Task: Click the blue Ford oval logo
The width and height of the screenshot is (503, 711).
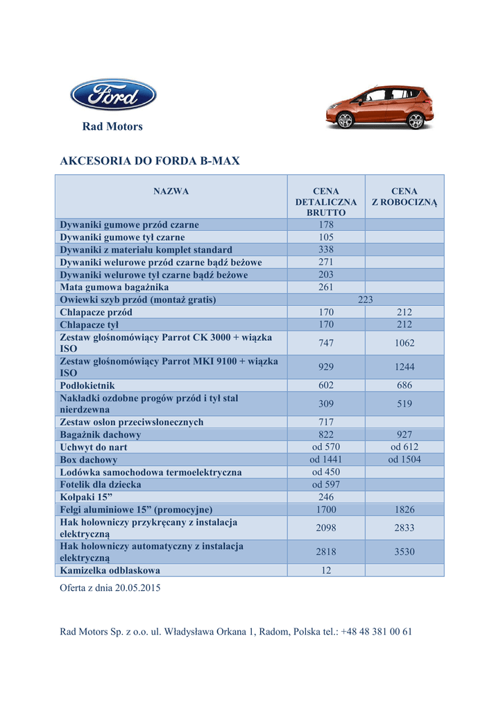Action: point(113,95)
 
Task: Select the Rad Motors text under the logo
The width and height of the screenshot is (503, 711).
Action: point(112,126)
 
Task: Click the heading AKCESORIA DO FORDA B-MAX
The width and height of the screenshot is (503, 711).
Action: point(150,161)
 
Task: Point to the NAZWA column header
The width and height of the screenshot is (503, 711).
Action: point(171,192)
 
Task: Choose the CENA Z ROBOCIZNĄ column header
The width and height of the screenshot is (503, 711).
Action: point(404,196)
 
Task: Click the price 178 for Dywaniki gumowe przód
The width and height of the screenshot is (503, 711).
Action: point(326,225)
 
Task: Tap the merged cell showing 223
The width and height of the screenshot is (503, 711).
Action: point(366,300)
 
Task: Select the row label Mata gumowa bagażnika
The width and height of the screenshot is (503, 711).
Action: point(114,287)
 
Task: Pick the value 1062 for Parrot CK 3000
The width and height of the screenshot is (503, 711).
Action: point(404,343)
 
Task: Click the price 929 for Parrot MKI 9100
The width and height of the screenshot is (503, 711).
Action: point(326,367)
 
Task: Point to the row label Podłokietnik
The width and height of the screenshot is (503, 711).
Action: point(87,385)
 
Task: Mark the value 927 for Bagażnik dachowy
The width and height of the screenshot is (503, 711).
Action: point(404,435)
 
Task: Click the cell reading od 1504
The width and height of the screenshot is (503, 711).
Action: point(404,460)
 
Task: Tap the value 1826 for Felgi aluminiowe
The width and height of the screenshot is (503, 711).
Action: point(404,510)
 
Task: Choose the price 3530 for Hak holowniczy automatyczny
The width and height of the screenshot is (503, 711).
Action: point(404,552)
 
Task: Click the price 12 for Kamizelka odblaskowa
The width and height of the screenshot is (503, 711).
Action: point(326,570)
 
